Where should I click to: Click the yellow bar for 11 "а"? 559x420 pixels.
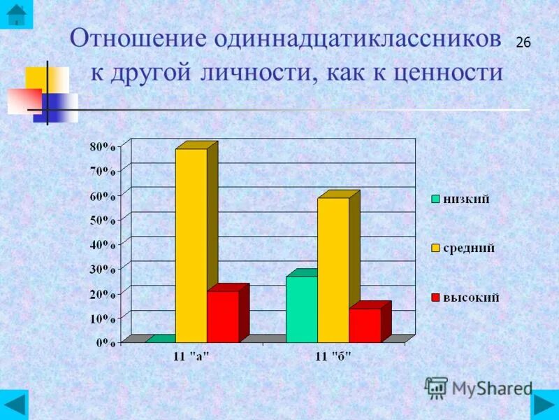tap(191, 245)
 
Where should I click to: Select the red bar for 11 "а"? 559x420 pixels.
tap(222, 316)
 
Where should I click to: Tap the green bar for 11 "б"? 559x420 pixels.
tap(301, 309)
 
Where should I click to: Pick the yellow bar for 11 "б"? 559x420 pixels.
tap(333, 269)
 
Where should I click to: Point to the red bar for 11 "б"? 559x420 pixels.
tap(365, 325)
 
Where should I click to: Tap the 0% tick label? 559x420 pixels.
tap(105, 342)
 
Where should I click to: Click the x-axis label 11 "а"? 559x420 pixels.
tap(191, 356)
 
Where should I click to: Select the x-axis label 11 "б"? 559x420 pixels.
tap(333, 356)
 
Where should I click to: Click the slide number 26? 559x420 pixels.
tap(523, 43)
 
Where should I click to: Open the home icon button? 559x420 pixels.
tap(15, 14)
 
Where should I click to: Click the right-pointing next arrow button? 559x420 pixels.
tap(544, 405)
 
